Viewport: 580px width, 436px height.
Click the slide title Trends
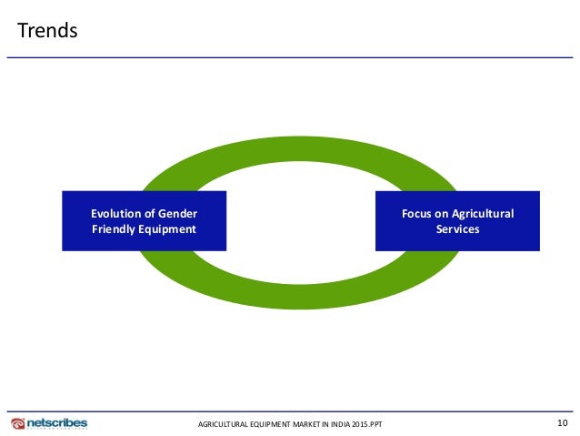[x=48, y=31]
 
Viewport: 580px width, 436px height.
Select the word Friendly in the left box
[x=116, y=228]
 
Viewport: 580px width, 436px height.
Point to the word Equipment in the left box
[x=169, y=228]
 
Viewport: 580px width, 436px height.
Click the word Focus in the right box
[x=419, y=213]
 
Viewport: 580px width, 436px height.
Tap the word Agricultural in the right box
[x=484, y=213]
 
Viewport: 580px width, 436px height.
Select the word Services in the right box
[x=457, y=228]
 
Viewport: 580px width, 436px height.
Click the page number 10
[x=562, y=422]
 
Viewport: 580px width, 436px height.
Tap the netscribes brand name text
[x=56, y=422]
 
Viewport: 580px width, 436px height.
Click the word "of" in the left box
[x=152, y=213]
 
